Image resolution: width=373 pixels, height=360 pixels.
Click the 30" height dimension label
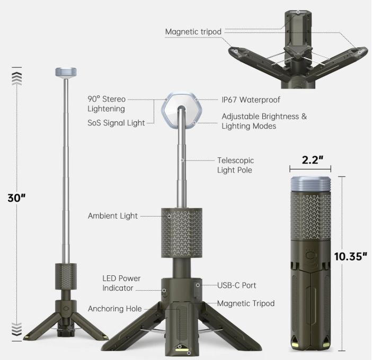click(x=16, y=197)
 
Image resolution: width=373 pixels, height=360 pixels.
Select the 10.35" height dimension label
click(x=350, y=256)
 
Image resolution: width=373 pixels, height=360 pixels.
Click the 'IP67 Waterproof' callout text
click(x=251, y=100)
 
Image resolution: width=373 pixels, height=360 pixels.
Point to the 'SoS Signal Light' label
click(x=116, y=123)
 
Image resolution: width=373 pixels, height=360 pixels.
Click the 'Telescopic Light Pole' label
click(x=235, y=165)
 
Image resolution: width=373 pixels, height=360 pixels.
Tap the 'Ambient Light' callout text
click(x=113, y=216)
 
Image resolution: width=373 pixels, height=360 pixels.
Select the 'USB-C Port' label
click(x=237, y=285)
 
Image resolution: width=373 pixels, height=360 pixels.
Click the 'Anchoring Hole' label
click(x=114, y=309)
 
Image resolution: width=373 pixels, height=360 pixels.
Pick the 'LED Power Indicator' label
click(x=121, y=283)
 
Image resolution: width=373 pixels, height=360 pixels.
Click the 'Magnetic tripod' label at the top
click(x=193, y=32)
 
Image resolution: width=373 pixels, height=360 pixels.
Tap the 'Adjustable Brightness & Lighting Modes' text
click(x=264, y=121)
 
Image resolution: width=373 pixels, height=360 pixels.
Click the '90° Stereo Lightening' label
click(x=106, y=104)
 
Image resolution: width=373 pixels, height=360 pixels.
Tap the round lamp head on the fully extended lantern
click(x=66, y=72)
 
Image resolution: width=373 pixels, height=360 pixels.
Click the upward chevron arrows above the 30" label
click(x=17, y=79)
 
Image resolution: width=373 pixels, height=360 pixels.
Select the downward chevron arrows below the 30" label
click(x=17, y=329)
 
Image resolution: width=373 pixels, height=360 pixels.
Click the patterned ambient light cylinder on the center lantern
click(x=182, y=233)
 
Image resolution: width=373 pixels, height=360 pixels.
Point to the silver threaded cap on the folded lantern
click(x=310, y=184)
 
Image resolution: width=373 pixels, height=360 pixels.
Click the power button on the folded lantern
click(x=310, y=256)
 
